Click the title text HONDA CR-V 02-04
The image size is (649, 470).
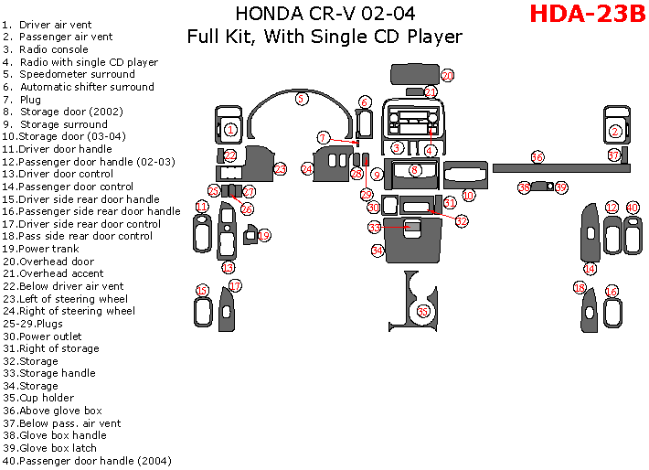click(x=318, y=14)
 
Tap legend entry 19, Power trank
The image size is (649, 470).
click(x=40, y=249)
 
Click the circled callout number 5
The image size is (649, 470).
click(x=301, y=98)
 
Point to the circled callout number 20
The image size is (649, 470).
click(x=447, y=76)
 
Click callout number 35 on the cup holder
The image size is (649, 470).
click(x=422, y=311)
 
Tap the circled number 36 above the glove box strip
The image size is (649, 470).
click(x=537, y=157)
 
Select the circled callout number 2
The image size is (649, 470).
click(x=615, y=132)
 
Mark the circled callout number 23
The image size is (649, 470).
click(x=281, y=169)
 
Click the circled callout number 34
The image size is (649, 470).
click(x=377, y=250)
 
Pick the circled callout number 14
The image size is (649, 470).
click(x=590, y=269)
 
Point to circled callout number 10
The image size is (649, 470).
click(x=468, y=195)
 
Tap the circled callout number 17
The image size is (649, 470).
click(x=235, y=286)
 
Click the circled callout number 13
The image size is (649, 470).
click(x=228, y=268)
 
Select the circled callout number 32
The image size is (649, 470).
click(x=462, y=221)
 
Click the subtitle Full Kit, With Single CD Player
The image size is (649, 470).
click(x=324, y=37)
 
